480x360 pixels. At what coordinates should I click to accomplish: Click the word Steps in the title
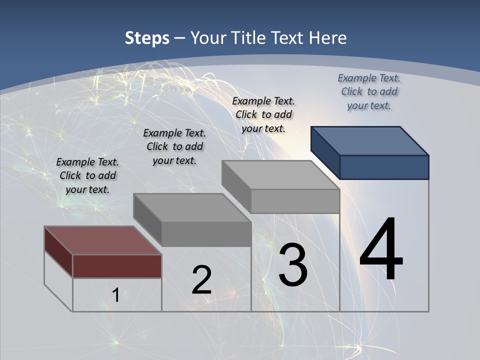(x=147, y=38)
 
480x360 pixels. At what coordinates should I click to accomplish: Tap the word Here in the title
(x=327, y=38)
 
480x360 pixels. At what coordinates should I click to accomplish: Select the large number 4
(x=381, y=250)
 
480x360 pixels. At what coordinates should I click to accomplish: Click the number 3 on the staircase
(x=293, y=265)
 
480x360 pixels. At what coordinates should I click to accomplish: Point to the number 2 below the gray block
(x=201, y=280)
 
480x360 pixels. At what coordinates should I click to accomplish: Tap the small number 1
(x=115, y=295)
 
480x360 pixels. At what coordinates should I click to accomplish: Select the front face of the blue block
(x=384, y=167)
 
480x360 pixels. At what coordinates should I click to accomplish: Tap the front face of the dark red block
(x=117, y=266)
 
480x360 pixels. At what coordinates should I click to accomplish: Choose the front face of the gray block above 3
(x=295, y=201)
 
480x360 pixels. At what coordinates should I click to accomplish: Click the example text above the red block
(x=87, y=175)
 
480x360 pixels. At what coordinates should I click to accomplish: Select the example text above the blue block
(x=369, y=91)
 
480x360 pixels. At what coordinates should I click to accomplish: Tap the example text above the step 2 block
(x=174, y=146)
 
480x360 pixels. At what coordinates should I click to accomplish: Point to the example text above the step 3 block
(x=263, y=114)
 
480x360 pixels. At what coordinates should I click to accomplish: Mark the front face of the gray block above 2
(x=206, y=234)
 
